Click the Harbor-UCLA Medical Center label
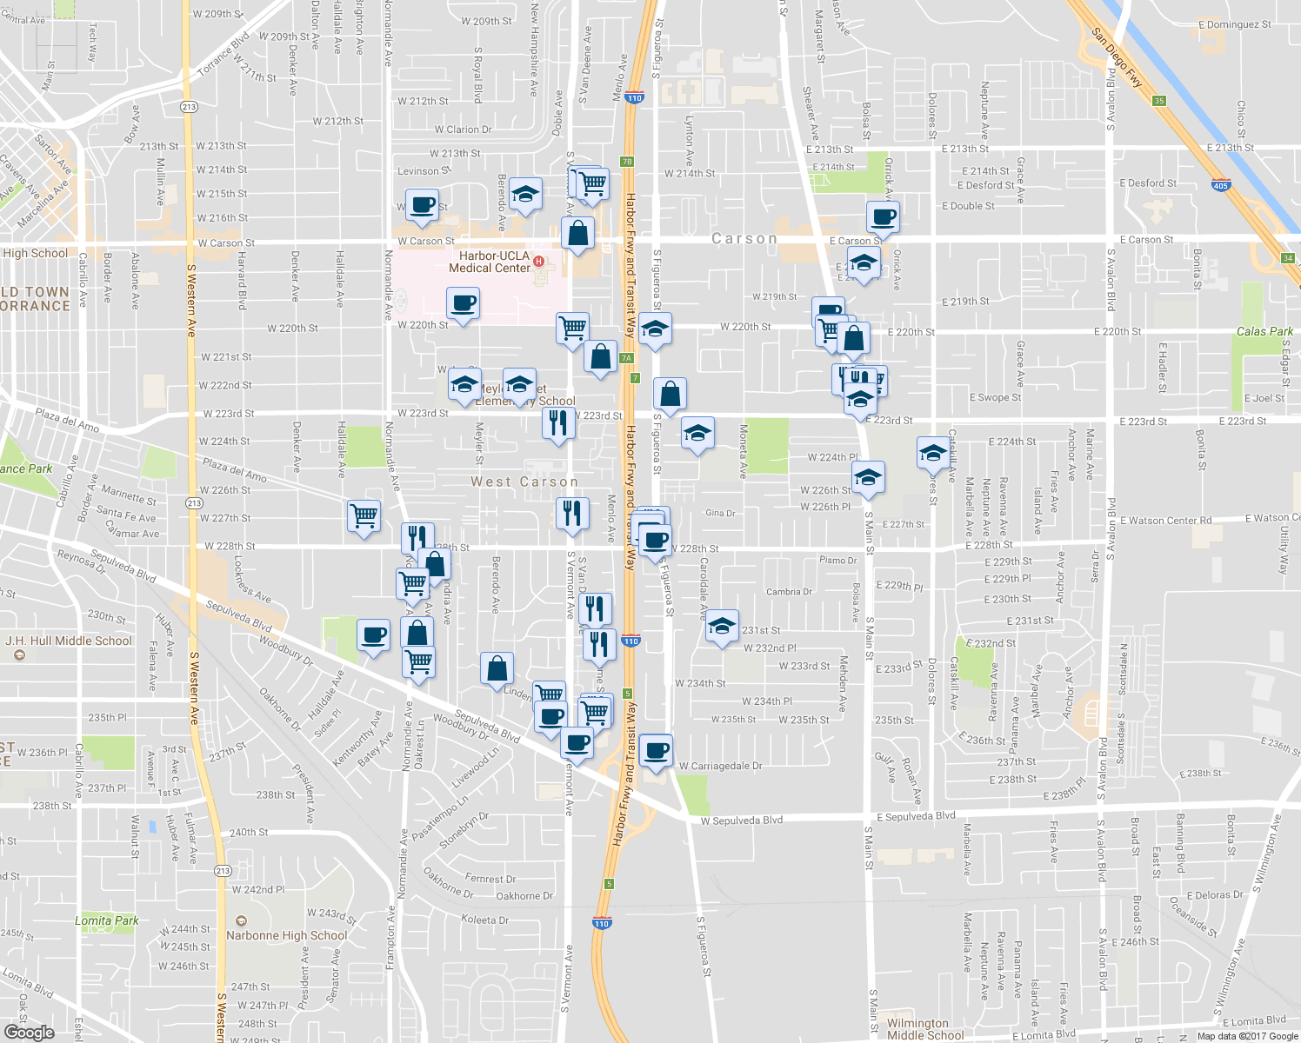click(x=490, y=262)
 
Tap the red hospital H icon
click(x=539, y=261)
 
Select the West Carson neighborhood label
click(x=524, y=482)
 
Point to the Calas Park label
click(x=1264, y=331)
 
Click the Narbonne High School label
click(x=287, y=936)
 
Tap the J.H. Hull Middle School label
click(x=69, y=641)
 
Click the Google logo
click(x=30, y=1032)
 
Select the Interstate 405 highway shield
click(x=1220, y=185)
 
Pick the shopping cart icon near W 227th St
click(x=364, y=515)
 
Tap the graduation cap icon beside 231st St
click(x=721, y=626)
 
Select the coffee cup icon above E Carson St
click(x=883, y=216)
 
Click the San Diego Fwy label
click(x=1118, y=58)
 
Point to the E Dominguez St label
click(x=1234, y=24)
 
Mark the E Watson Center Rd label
click(x=1165, y=521)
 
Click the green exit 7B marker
click(x=626, y=162)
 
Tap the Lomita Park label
click(x=106, y=920)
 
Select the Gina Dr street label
click(x=720, y=513)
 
